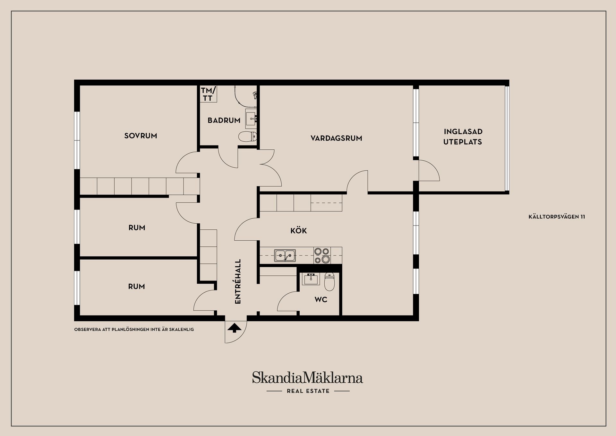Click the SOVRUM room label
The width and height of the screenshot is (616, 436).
[141, 136]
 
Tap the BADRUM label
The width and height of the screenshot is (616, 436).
[224, 120]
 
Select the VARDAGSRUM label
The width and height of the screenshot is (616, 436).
[336, 138]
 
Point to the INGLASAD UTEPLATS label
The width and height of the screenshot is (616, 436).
[463, 137]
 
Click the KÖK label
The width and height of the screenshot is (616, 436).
[298, 230]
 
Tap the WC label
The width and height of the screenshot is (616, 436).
[321, 299]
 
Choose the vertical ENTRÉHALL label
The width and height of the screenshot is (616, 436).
[238, 281]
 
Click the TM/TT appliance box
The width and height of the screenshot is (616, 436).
[209, 94]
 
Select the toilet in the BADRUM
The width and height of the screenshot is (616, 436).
[248, 137]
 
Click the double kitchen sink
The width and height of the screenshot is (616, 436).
[285, 255]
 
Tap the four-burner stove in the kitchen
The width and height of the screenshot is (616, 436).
[322, 255]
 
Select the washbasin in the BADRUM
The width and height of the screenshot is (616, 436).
[251, 118]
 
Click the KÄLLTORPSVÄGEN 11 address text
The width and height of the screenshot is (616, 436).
[557, 217]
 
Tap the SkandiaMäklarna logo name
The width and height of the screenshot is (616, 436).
[307, 378]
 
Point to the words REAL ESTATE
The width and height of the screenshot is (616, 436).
[308, 391]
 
